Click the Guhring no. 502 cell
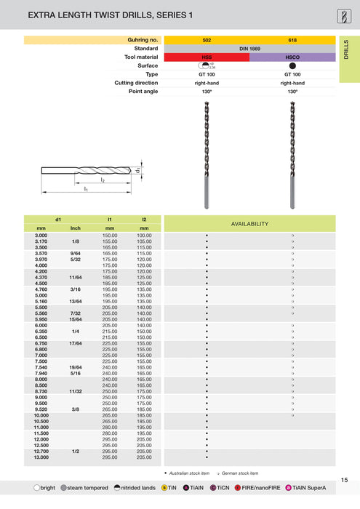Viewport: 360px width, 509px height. (x=207, y=39)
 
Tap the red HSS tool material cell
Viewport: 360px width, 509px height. (x=207, y=57)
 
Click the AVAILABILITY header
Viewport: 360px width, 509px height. (x=249, y=224)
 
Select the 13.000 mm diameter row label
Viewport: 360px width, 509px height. (x=41, y=457)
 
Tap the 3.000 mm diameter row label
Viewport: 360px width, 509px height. (x=41, y=236)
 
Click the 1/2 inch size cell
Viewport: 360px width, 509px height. (x=76, y=452)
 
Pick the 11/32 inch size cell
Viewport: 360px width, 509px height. (x=76, y=392)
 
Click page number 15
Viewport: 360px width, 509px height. (x=344, y=479)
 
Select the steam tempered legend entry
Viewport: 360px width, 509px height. (x=86, y=487)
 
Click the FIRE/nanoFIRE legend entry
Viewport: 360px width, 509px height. (x=258, y=487)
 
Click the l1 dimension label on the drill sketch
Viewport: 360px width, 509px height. (x=85, y=189)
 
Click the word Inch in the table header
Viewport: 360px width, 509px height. (x=76, y=228)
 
